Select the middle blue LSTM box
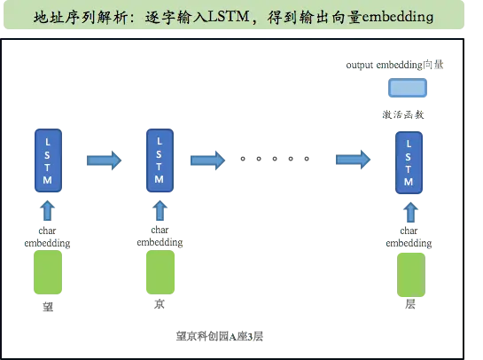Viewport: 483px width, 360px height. (x=159, y=160)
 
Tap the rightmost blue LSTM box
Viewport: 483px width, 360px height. (x=409, y=160)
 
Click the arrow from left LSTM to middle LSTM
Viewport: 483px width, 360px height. (x=103, y=160)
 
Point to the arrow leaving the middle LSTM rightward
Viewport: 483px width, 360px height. (x=207, y=160)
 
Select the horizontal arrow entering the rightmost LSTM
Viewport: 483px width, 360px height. (x=352, y=160)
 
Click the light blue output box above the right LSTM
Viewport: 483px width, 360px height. (x=407, y=88)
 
